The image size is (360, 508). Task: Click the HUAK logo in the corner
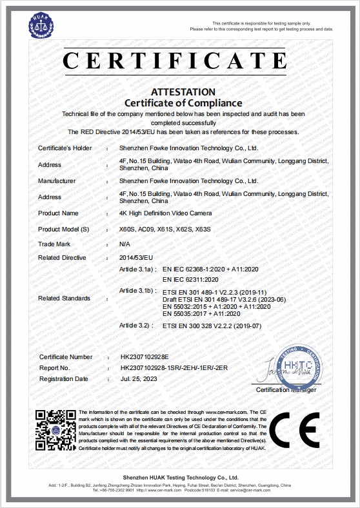41,26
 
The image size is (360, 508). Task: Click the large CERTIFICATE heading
174,60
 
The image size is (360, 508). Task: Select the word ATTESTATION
183,92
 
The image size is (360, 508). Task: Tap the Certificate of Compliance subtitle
183,103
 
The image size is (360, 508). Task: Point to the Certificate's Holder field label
65,148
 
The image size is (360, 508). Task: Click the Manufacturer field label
57,181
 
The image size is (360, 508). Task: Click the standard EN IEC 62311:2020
192,279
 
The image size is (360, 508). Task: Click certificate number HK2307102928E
148,357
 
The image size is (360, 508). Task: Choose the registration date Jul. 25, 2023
138,379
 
